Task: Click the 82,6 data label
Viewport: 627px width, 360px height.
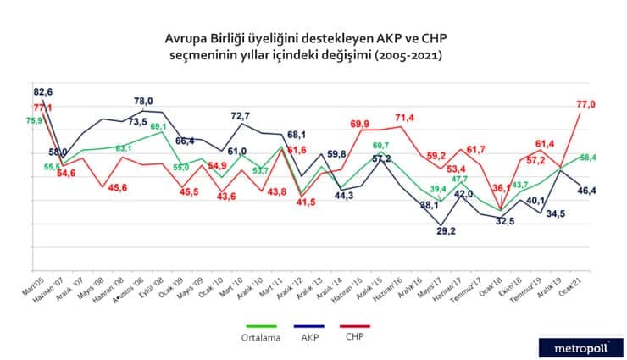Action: tap(44, 91)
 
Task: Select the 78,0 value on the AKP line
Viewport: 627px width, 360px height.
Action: tap(144, 102)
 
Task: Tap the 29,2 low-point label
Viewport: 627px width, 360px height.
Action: tap(441, 230)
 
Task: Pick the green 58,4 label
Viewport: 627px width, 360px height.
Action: tap(587, 157)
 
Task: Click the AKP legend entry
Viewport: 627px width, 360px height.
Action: tap(319, 336)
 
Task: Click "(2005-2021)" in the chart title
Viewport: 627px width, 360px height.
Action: tap(399, 55)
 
